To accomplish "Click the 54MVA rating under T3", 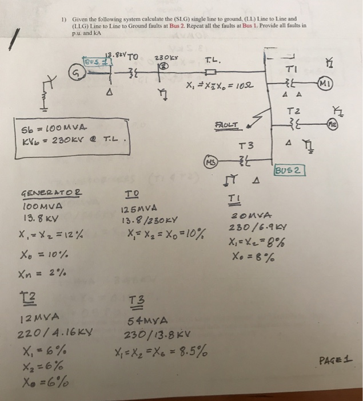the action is click(x=147, y=322).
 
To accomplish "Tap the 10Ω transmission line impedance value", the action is click(x=235, y=87).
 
